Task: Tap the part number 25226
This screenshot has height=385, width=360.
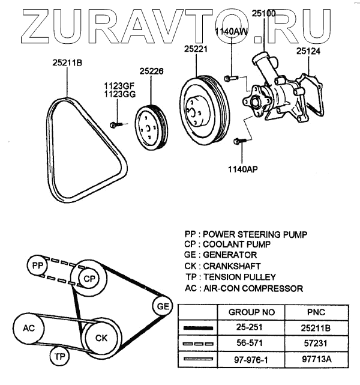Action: point(152,71)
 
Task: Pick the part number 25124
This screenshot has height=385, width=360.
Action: point(308,52)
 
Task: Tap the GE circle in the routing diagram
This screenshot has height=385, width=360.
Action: point(161,306)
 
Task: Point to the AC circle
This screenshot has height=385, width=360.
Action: point(28,329)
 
